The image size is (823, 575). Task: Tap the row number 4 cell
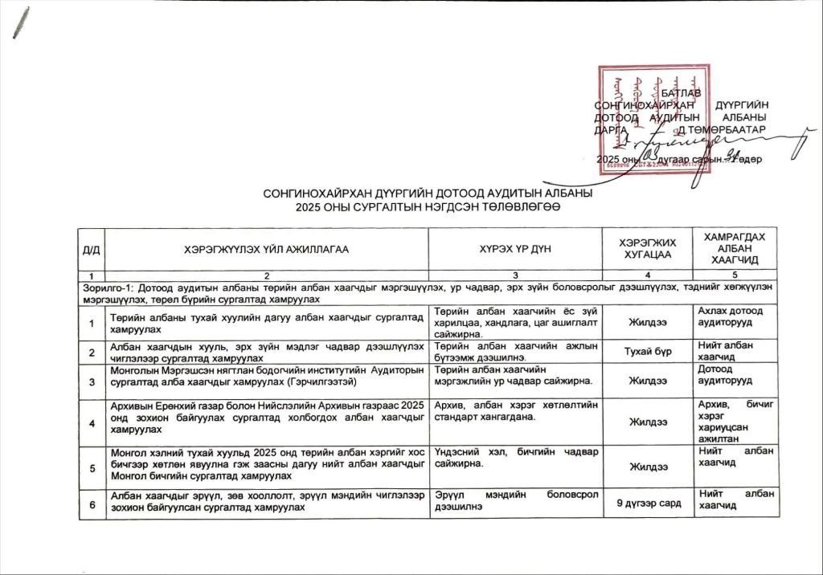[92, 422]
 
